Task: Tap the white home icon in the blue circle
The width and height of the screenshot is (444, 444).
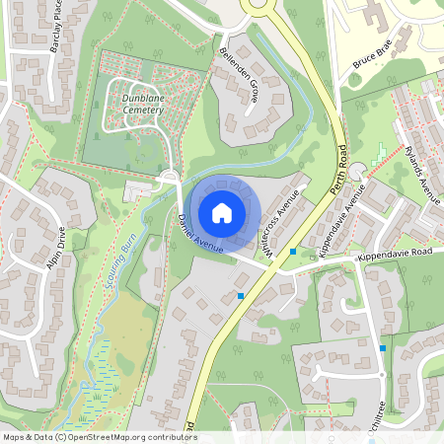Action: pos(222,212)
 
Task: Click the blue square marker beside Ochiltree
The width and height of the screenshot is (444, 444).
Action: pos(383,347)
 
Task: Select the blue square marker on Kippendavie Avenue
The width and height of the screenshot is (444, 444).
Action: pos(293,252)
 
